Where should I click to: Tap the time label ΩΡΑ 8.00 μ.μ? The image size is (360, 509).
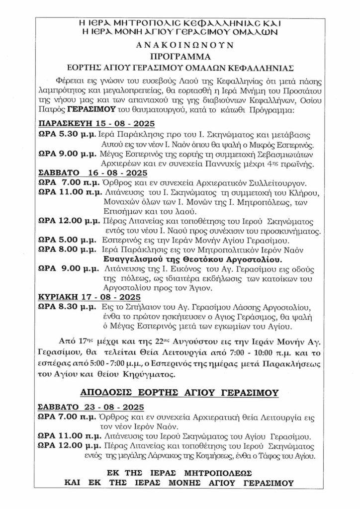click(x=68, y=250)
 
